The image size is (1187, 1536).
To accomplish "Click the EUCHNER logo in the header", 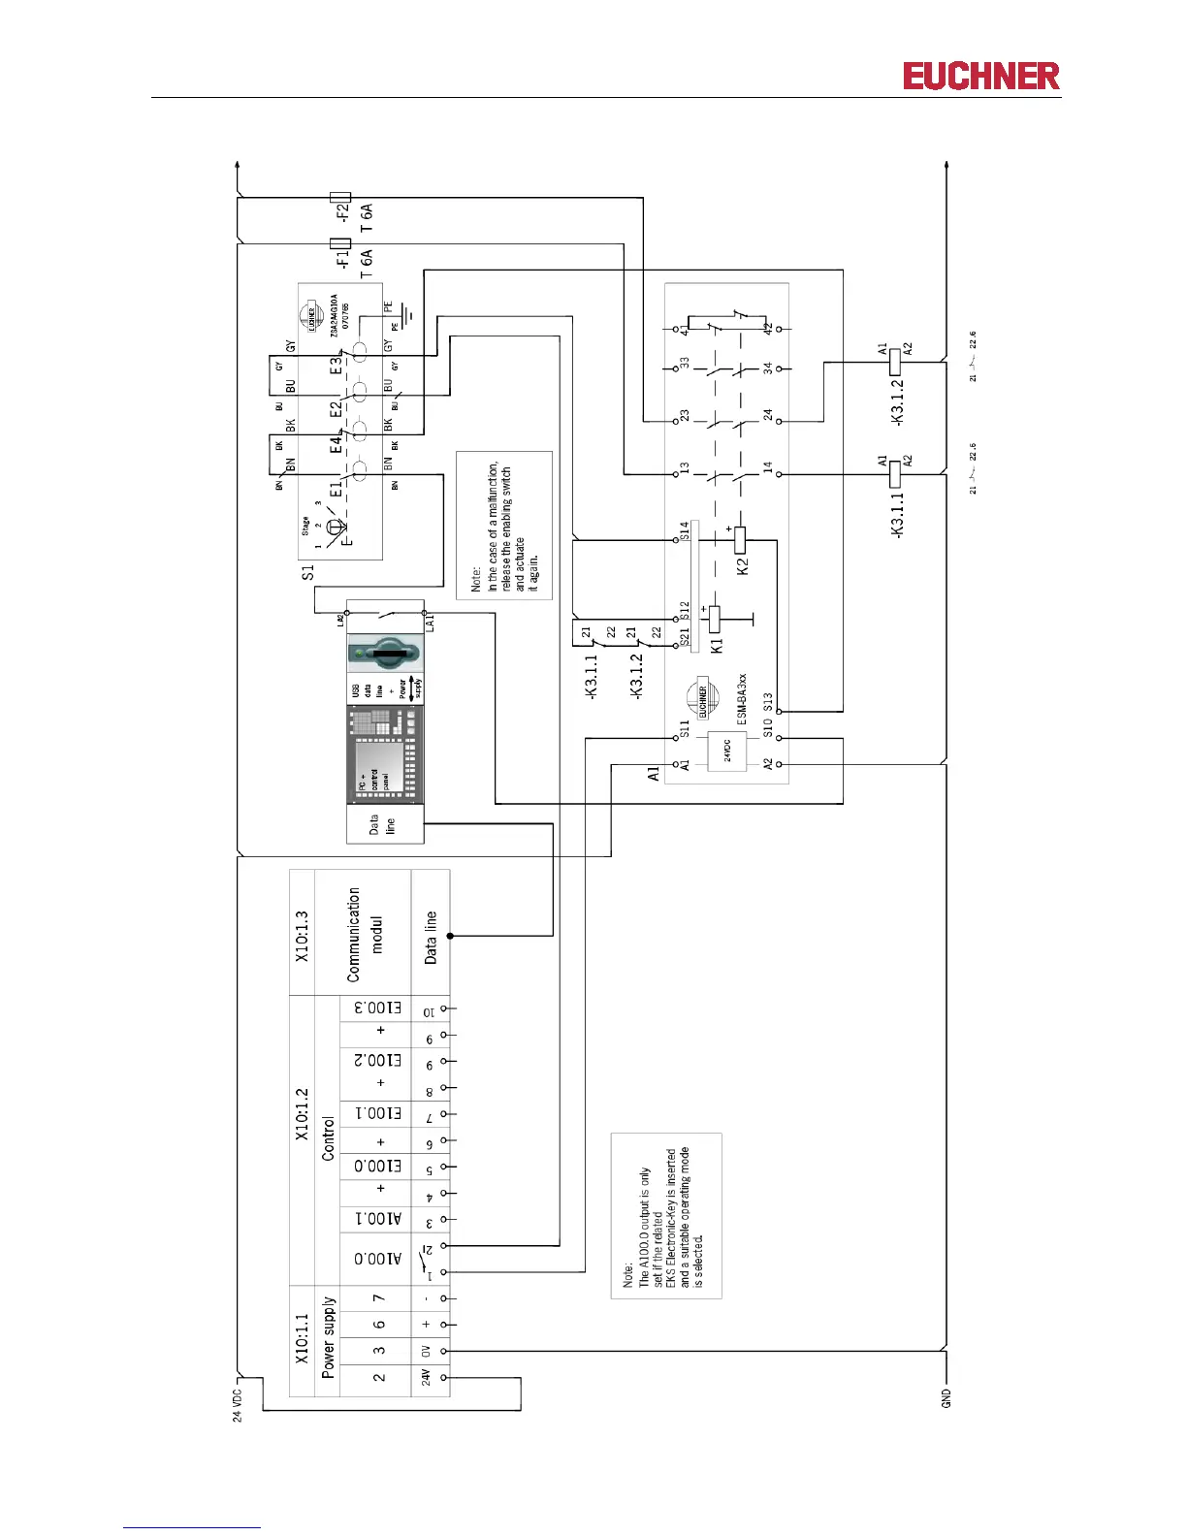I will (980, 77).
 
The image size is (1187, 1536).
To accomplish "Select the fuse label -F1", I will (341, 260).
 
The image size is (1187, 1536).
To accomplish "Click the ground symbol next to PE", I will (410, 315).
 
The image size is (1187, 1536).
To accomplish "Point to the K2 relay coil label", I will (743, 566).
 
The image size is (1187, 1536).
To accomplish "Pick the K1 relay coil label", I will (717, 645).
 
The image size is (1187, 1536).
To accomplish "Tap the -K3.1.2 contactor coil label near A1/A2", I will (897, 401).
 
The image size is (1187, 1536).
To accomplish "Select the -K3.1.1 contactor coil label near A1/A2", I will (897, 515).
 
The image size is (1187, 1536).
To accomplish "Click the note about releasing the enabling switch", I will (504, 526).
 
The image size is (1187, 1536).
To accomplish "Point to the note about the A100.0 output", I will (665, 1215).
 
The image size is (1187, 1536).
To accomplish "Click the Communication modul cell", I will (364, 933).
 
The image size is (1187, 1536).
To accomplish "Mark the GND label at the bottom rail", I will (946, 1398).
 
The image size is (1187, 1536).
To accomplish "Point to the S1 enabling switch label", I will (308, 573).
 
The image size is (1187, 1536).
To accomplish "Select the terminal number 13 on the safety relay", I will (685, 468).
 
